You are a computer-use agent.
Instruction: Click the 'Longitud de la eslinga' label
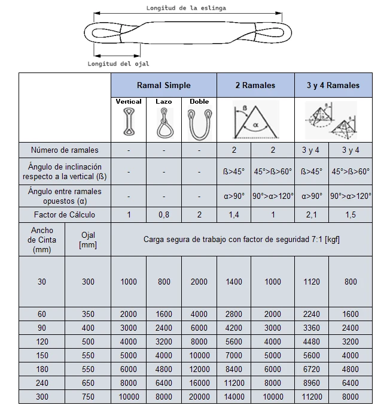tap(186, 8)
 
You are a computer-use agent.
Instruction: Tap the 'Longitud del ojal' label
tap(118, 63)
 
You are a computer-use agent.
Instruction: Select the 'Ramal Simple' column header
tap(163, 85)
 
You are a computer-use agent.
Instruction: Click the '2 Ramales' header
tap(255, 85)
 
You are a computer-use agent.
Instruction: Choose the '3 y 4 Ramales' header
tap(333, 85)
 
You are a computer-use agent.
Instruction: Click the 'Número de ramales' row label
tap(65, 150)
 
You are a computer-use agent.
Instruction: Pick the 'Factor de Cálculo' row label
tap(65, 214)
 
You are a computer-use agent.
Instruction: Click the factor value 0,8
tap(163, 214)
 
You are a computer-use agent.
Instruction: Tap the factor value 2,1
tap(312, 214)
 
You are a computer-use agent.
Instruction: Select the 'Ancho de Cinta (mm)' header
tap(41, 240)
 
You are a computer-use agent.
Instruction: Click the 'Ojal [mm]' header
tap(88, 240)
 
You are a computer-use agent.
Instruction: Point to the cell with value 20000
tap(199, 397)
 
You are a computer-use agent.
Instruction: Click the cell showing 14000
tap(233, 397)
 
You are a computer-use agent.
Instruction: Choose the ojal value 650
tap(88, 383)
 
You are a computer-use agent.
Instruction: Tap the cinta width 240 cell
tap(41, 383)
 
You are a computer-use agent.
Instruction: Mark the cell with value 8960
tap(312, 383)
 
